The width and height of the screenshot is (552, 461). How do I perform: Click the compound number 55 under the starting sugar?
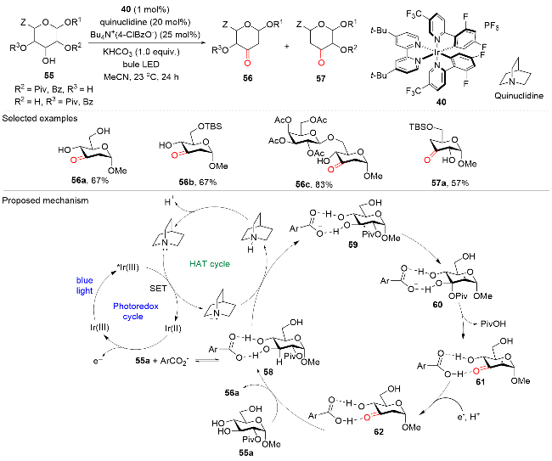click(49, 76)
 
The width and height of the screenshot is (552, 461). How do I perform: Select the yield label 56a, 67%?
click(90, 181)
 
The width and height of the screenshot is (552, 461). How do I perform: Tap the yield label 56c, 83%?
click(314, 184)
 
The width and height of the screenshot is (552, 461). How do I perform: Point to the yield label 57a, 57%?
click(450, 183)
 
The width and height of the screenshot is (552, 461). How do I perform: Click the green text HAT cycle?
click(210, 263)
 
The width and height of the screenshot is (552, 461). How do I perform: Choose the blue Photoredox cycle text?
click(136, 311)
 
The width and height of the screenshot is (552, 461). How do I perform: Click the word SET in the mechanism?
click(158, 288)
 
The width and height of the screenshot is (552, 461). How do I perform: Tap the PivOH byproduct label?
click(493, 323)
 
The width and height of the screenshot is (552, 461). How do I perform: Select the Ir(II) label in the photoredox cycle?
click(173, 329)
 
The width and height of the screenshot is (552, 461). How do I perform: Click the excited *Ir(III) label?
click(127, 267)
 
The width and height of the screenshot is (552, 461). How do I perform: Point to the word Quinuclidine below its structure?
click(519, 95)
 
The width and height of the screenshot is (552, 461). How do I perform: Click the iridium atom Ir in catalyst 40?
click(437, 53)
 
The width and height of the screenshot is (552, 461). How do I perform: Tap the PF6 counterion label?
click(492, 26)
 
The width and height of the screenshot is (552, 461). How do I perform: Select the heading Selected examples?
click(40, 118)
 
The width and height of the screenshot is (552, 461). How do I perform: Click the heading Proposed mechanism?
click(45, 200)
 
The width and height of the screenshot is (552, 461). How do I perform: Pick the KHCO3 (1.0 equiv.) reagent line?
click(141, 52)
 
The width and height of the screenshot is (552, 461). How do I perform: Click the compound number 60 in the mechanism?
click(437, 304)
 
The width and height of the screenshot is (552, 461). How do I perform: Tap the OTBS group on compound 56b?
click(210, 126)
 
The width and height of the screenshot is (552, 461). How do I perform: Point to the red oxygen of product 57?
click(321, 63)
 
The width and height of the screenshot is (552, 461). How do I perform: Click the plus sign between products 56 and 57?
click(286, 46)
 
